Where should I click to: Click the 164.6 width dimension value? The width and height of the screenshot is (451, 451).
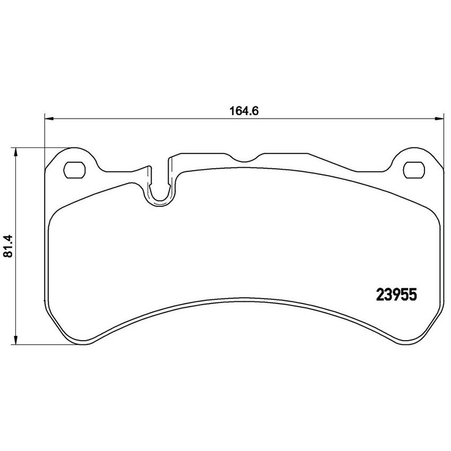tap(244, 111)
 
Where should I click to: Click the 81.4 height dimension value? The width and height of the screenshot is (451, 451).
tap(8, 246)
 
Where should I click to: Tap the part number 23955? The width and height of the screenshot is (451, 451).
tap(397, 295)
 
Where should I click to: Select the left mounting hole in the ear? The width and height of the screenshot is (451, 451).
tap(74, 170)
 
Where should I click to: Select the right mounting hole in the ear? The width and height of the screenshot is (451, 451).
tap(414, 170)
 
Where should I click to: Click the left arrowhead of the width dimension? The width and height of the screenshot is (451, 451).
tap(49, 118)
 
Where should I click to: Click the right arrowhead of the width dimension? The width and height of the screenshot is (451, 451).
tap(439, 118)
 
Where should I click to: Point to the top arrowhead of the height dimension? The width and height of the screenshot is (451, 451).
tap(16, 152)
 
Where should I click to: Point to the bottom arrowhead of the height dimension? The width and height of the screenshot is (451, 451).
tap(16, 340)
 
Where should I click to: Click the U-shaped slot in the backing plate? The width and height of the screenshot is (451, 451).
tap(160, 198)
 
